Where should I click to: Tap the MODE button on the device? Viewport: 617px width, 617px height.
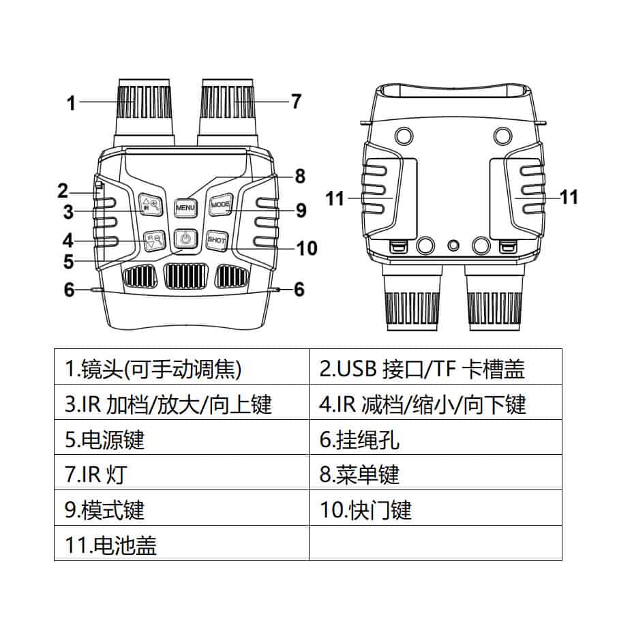pyautogui.click(x=222, y=204)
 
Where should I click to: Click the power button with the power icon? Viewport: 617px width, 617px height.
pyautogui.click(x=185, y=239)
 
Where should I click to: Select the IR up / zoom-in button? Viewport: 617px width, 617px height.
pyautogui.click(x=149, y=205)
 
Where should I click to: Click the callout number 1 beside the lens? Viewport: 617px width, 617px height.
pyautogui.click(x=71, y=103)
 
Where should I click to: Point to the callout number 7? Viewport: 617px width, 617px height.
pyautogui.click(x=295, y=102)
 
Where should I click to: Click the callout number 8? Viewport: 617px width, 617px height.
pyautogui.click(x=299, y=176)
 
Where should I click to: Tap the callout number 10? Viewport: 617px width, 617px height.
pyautogui.click(x=306, y=248)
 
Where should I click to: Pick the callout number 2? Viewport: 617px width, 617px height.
pyautogui.click(x=63, y=191)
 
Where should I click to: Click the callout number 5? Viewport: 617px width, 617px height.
pyautogui.click(x=68, y=261)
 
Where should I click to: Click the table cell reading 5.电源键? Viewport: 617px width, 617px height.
pyautogui.click(x=181, y=439)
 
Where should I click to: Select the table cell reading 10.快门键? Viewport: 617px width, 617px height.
pyautogui.click(x=436, y=509)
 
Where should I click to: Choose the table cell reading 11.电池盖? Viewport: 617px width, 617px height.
pyautogui.click(x=181, y=544)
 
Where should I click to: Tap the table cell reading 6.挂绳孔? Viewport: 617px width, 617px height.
pyautogui.click(x=436, y=439)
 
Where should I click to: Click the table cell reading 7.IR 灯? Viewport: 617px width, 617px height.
pyautogui.click(x=181, y=475)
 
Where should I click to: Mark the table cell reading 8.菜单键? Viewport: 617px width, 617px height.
pyautogui.click(x=436, y=475)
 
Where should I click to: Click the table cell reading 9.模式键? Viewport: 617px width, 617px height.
pyautogui.click(x=181, y=509)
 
